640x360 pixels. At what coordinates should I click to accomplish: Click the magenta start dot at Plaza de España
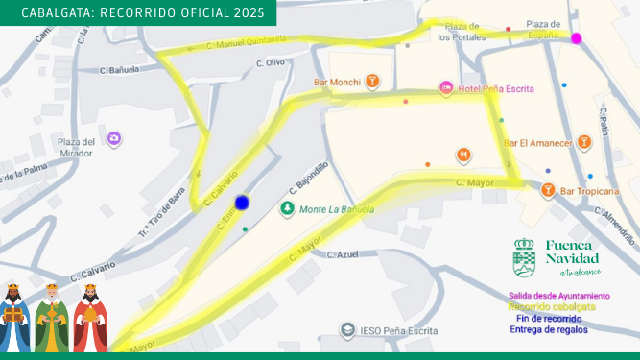tap(577, 38)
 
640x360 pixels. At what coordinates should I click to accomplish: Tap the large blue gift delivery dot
tap(242, 202)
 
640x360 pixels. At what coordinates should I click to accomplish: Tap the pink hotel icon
tap(445, 88)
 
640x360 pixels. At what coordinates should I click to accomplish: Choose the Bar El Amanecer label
tap(538, 143)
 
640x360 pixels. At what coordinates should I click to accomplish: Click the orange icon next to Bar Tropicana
tap(547, 191)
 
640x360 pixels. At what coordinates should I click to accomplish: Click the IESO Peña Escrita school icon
tap(346, 330)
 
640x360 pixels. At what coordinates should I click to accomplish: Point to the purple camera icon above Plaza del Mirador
tap(114, 139)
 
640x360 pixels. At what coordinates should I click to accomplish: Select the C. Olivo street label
tap(271, 63)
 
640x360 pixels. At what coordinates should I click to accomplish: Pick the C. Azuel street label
tap(343, 255)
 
